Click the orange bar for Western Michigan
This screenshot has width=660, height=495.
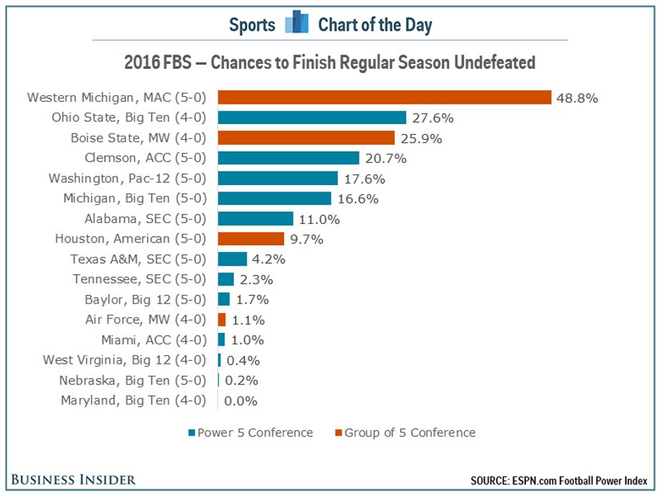point(385,98)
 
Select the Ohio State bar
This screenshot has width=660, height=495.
point(312,118)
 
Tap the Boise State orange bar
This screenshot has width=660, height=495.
point(306,138)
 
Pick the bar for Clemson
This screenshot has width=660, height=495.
point(288,158)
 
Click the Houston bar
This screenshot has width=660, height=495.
point(251,239)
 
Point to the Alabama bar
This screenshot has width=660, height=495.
point(255,219)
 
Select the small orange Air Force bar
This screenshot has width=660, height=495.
point(222,319)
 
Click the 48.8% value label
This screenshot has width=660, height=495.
point(577,98)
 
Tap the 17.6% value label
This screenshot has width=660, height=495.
point(364,179)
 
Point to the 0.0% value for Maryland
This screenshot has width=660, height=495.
point(240,401)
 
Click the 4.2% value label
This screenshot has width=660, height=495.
point(268,259)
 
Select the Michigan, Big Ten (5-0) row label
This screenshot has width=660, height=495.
point(135,198)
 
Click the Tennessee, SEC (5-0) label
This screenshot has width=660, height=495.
point(139,279)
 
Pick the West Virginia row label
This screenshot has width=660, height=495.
point(124,360)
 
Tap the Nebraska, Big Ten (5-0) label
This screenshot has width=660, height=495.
point(133,380)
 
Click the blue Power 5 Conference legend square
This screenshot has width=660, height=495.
point(192,433)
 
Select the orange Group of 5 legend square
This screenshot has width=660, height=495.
point(338,433)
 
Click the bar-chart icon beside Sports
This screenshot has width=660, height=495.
point(296,22)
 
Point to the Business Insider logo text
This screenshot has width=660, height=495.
point(73,480)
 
